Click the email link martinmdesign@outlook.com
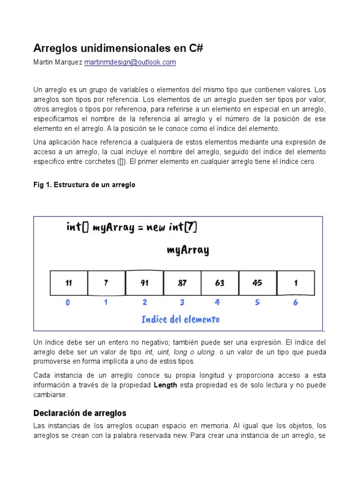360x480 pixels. point(130,62)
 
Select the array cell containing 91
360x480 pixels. point(144,283)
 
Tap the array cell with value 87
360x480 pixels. point(182,283)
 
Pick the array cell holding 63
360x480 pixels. point(219,283)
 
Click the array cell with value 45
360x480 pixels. point(257,283)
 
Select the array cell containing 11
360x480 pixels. point(68,283)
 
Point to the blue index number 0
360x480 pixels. point(68,303)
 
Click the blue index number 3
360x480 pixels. point(182,303)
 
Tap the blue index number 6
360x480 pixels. point(295,303)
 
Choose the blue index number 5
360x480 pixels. point(257,303)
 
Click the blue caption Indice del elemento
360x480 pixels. point(180,320)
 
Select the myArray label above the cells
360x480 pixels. point(187,250)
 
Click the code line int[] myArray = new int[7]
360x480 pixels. point(132,227)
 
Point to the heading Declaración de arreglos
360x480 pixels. point(80,413)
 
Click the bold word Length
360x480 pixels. point(165,385)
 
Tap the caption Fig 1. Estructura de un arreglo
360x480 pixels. point(84,185)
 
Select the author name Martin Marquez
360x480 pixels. point(58,62)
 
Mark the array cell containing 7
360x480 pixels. point(106,283)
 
